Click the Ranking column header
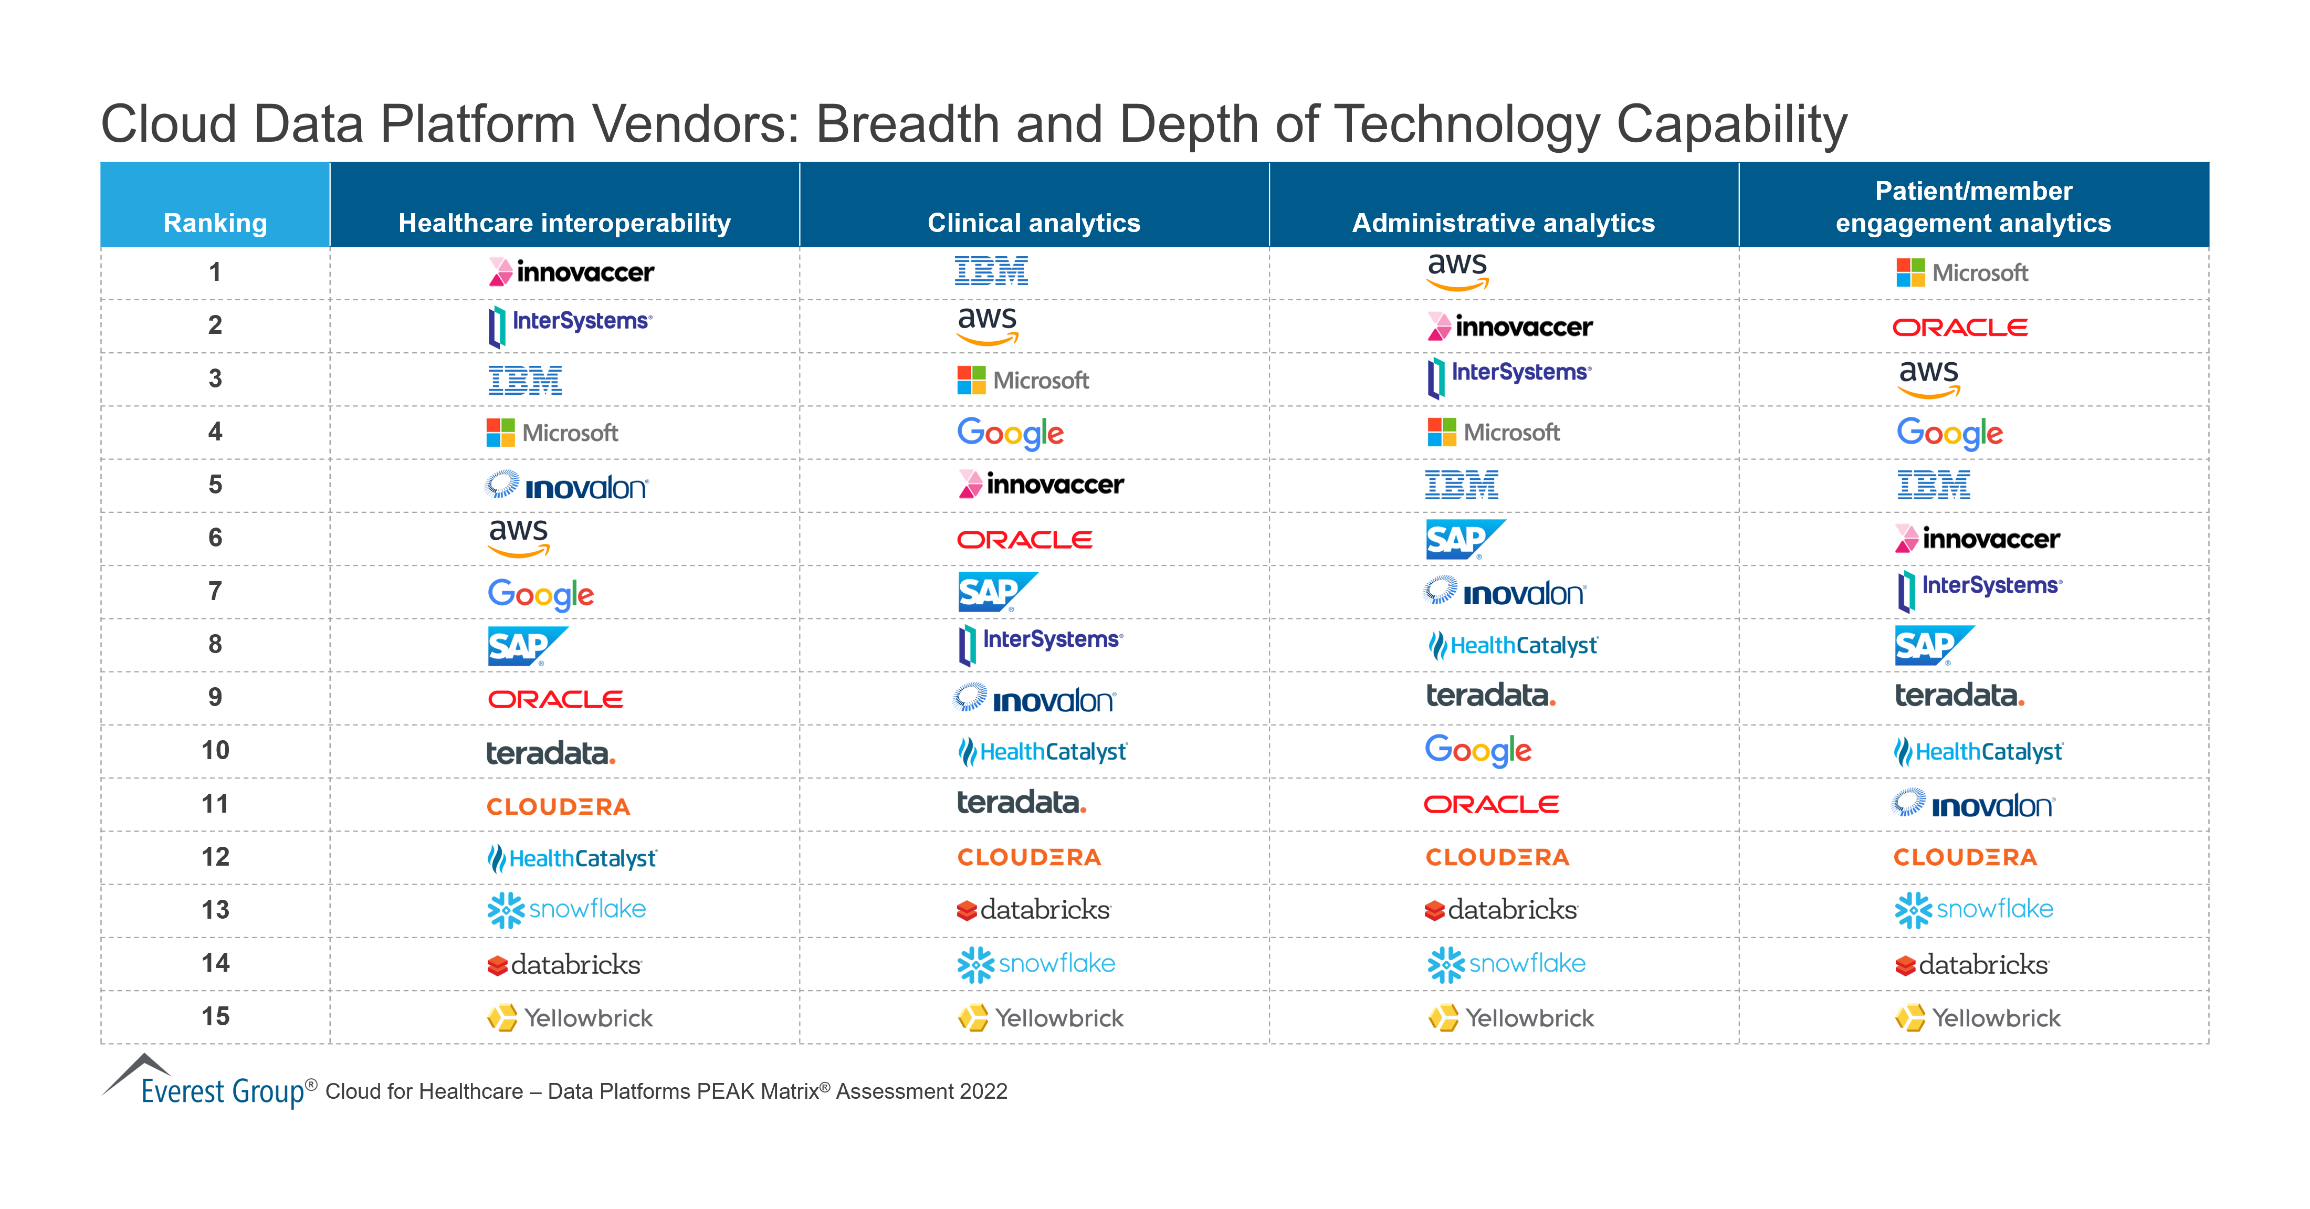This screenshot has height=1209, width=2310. coord(215,223)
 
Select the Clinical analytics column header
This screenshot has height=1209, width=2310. coord(1033,223)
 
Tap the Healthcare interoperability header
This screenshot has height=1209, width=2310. coord(564,223)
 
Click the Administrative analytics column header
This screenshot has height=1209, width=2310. coord(1503,223)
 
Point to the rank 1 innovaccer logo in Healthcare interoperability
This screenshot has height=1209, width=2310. coord(571,272)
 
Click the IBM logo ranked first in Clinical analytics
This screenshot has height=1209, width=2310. coord(991,271)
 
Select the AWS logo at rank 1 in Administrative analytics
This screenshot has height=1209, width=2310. coord(1457,270)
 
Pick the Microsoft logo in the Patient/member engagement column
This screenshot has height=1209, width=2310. coord(1961,272)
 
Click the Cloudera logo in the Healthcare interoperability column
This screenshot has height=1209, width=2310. coord(558,806)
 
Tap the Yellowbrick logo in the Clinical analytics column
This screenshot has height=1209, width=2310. coord(1040,1018)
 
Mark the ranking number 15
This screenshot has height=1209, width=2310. coord(215,1016)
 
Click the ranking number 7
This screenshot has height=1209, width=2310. coord(215,591)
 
